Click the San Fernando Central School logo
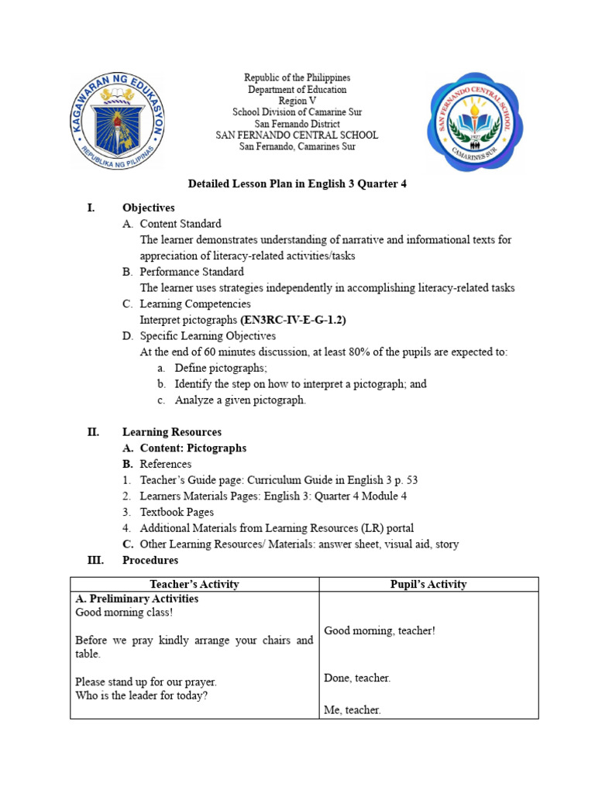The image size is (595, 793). pyautogui.click(x=474, y=122)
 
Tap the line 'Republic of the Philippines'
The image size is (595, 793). pyautogui.click(x=297, y=78)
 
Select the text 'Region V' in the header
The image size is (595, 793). pyautogui.click(x=297, y=101)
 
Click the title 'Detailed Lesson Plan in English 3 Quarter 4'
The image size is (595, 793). pyautogui.click(x=297, y=184)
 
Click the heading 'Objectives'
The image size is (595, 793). pyautogui.click(x=148, y=208)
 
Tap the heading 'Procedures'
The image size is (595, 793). pyautogui.click(x=150, y=560)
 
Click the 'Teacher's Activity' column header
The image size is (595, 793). pyautogui.click(x=194, y=585)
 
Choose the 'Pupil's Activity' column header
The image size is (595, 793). pyautogui.click(x=428, y=585)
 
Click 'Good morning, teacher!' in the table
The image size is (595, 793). pyautogui.click(x=380, y=631)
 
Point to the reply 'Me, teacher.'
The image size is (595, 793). pyautogui.click(x=352, y=710)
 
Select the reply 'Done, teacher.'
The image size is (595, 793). pyautogui.click(x=356, y=678)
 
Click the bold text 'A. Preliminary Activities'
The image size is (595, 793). pyautogui.click(x=136, y=599)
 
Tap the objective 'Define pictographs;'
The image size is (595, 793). pyautogui.click(x=220, y=368)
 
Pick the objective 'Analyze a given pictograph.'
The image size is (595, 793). pyautogui.click(x=240, y=400)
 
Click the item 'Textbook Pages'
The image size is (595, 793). pyautogui.click(x=177, y=512)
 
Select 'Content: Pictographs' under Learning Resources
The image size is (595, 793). pyautogui.click(x=193, y=448)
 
